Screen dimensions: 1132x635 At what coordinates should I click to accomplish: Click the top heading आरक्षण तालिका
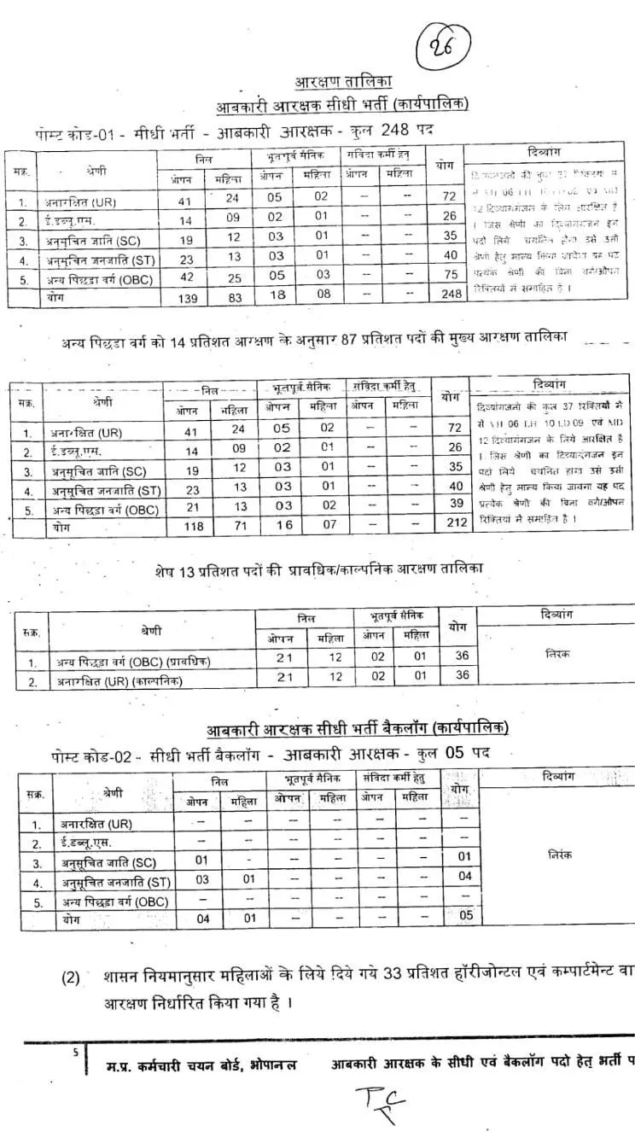342,83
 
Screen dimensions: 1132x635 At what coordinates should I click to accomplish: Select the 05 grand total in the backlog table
465,916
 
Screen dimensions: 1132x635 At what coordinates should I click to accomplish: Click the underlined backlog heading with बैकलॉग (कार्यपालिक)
358,728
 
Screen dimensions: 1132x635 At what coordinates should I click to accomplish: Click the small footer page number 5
75,1053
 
